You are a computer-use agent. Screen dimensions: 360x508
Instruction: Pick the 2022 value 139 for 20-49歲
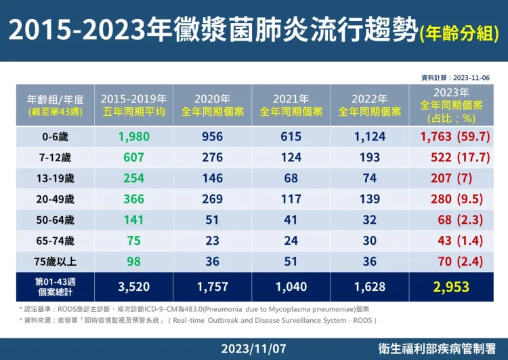tap(370, 199)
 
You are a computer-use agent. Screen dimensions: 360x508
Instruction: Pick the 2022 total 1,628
tap(370, 287)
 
